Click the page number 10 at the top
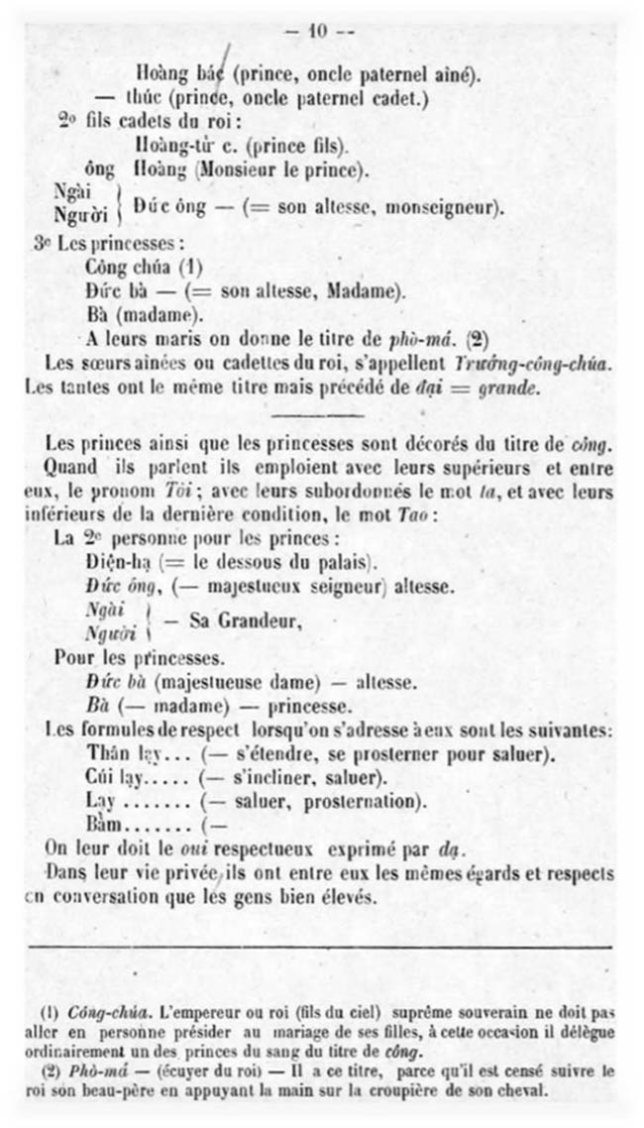click(x=318, y=30)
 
